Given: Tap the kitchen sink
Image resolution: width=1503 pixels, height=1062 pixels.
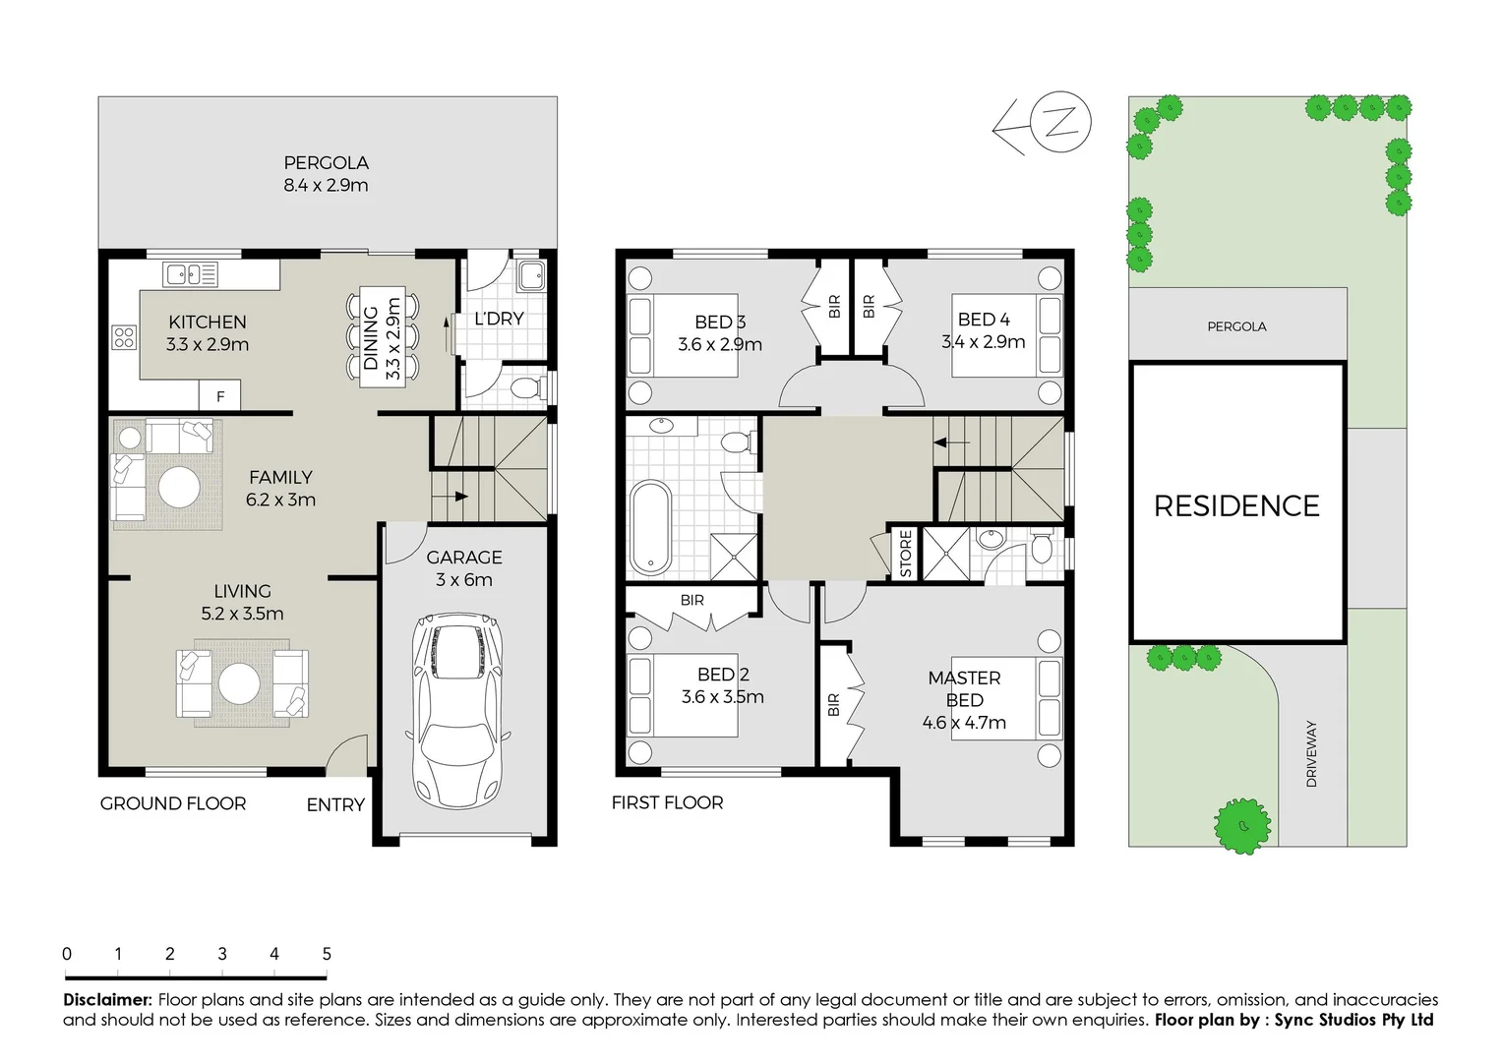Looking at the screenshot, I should tap(191, 274).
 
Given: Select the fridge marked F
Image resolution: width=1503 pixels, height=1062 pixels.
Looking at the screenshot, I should tap(220, 396).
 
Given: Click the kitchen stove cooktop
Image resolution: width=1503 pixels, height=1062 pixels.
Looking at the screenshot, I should tap(124, 338).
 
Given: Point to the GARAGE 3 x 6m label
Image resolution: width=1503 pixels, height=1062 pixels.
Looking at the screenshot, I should tap(464, 568).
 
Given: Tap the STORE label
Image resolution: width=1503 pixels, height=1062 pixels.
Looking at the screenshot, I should tap(906, 554).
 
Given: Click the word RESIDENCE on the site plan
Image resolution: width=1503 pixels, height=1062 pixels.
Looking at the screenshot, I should tap(1236, 505).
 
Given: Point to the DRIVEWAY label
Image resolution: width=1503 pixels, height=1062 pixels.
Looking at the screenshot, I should tap(1311, 753).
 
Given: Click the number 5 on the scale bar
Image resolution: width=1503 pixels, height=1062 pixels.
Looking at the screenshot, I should tap(327, 954).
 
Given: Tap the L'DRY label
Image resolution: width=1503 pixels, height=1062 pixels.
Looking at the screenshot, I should tap(499, 319).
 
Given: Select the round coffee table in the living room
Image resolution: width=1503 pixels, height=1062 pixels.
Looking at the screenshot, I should tap(239, 683).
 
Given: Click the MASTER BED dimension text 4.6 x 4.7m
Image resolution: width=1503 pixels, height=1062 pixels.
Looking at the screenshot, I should tap(964, 723).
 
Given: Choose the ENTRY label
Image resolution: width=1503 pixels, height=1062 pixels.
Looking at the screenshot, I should tap(335, 804).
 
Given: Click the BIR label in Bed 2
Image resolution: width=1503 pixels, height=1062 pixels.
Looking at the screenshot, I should tap(691, 600).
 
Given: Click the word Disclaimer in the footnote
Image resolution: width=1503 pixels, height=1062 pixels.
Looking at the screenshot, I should tap(107, 1000).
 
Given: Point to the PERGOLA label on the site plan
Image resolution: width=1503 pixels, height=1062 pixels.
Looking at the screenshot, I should tap(1236, 326).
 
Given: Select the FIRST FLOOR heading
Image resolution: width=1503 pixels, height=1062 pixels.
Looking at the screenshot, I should tap(667, 803).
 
